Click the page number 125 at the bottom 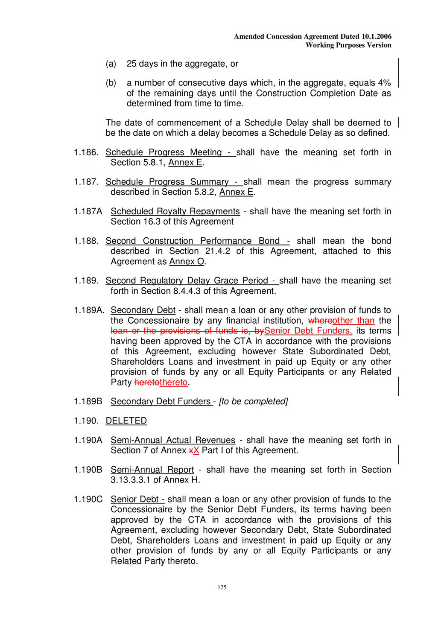pos(222,587)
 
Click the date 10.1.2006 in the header pos(376,36)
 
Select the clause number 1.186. pos(86,152)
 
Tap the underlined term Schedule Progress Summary pos(167,182)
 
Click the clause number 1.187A pos(88,211)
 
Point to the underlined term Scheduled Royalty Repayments pos(175,211)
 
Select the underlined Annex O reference pos(187,261)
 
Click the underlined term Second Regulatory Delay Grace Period pos(187,280)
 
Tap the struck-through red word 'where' pos(320,321)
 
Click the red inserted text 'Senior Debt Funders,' pos(308,331)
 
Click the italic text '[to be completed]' pos(253,402)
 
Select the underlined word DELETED pos(126,421)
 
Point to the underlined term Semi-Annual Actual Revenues pos(173,440)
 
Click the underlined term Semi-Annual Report pos(152,470)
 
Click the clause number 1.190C pos(88,499)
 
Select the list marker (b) pos(111,83)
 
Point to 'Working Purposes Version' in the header pos(348,45)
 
